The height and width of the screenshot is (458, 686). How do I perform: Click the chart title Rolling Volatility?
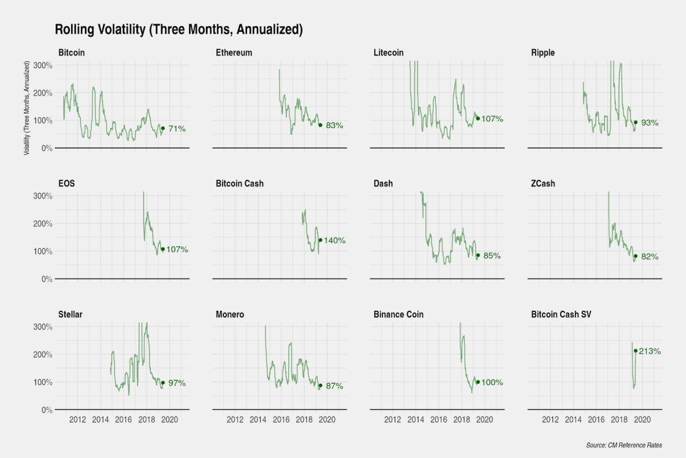tap(178, 29)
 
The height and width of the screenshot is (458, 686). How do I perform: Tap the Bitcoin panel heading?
tap(72, 53)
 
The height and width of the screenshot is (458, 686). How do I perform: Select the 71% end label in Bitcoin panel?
tap(177, 129)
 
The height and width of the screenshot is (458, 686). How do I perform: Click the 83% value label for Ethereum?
tap(335, 125)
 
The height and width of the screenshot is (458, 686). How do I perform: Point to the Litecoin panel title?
tap(389, 53)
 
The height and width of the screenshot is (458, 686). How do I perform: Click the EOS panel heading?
tap(67, 184)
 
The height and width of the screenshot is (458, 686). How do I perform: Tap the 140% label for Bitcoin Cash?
tap(334, 241)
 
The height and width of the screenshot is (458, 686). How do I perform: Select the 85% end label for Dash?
tap(492, 256)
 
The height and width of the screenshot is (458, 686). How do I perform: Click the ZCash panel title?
tap(543, 184)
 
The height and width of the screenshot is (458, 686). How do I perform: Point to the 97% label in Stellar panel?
tap(177, 383)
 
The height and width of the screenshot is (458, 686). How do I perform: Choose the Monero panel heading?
tap(230, 314)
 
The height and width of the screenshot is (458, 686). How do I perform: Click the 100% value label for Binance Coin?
tap(492, 382)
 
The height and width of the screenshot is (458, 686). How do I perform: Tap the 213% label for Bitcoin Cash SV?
tap(649, 351)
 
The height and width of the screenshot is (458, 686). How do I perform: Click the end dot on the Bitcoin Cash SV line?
tap(635, 351)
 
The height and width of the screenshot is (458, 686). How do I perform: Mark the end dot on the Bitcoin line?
tap(163, 129)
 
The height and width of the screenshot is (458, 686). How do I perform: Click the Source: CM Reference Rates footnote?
tap(624, 445)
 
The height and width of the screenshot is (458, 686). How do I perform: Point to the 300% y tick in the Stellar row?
tap(42, 326)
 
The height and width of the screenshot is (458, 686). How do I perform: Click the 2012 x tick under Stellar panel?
tap(77, 419)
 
